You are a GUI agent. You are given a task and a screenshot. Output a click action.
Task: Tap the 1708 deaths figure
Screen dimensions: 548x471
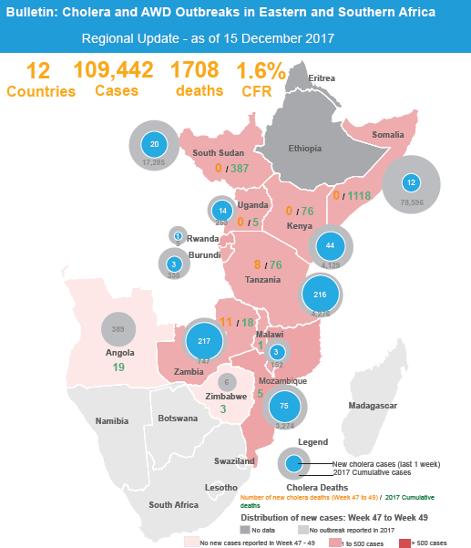click(197, 71)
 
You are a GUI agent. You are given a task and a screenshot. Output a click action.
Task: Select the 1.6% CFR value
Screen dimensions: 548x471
click(261, 71)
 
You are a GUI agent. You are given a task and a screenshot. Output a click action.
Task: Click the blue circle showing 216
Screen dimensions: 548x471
click(320, 295)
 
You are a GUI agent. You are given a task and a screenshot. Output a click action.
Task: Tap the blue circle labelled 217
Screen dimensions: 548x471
click(203, 341)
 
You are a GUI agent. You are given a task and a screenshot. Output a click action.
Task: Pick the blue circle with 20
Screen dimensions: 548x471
click(155, 145)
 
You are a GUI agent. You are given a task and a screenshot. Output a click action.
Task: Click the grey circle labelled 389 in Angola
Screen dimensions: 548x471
click(118, 329)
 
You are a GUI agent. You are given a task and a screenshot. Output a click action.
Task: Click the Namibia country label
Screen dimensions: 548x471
click(112, 421)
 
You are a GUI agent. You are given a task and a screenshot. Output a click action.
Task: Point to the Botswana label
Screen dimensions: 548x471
click(178, 419)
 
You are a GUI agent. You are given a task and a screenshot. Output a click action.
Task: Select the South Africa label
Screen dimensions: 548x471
click(173, 504)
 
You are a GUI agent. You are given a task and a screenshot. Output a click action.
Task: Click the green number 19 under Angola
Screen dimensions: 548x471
click(118, 367)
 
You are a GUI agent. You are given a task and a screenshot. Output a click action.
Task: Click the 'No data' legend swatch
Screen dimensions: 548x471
click(245, 529)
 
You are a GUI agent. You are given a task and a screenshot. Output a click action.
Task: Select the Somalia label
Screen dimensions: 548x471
click(387, 135)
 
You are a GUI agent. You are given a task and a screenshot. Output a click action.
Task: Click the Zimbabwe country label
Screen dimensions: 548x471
click(223, 398)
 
